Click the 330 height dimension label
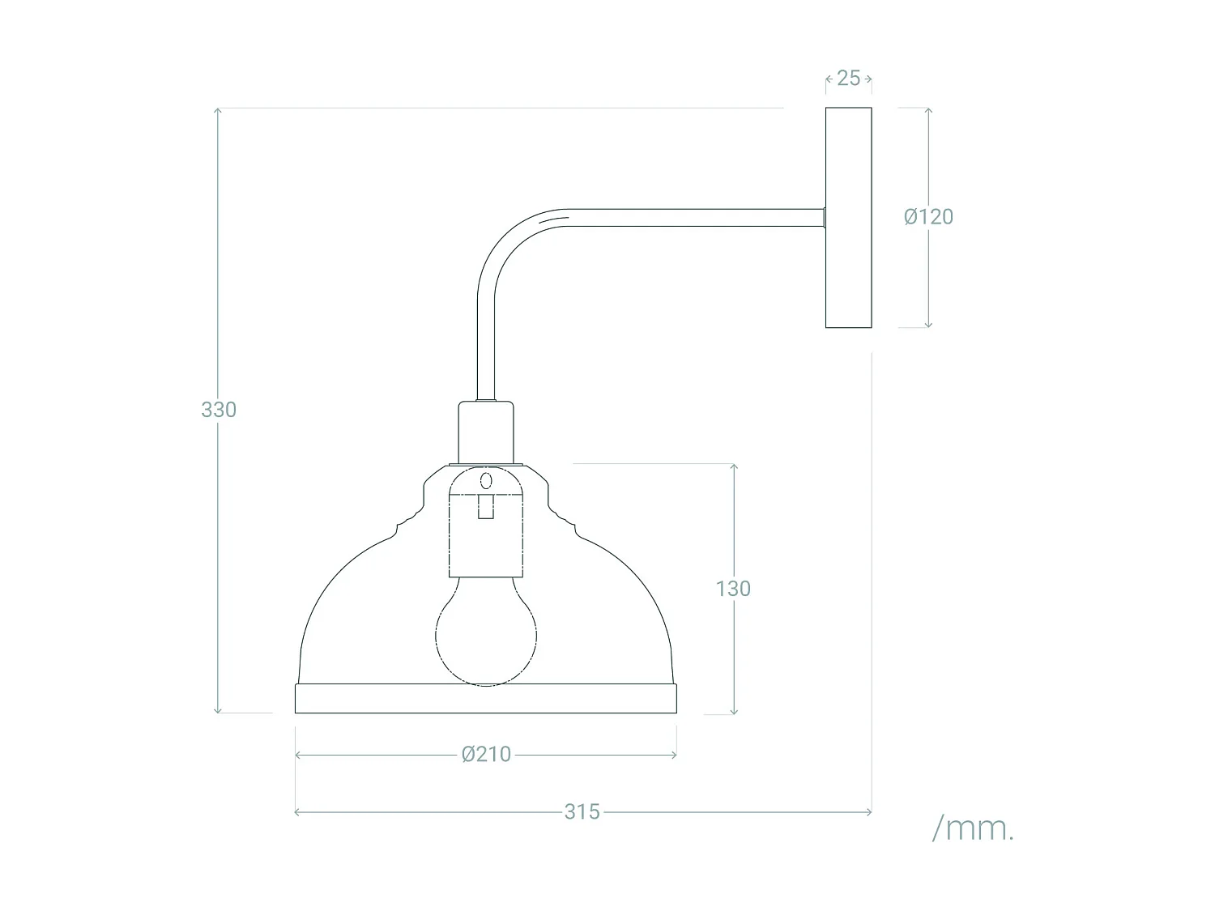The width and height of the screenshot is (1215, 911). [219, 410]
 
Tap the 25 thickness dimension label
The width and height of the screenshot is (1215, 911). [848, 79]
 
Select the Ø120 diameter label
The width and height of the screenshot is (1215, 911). [928, 217]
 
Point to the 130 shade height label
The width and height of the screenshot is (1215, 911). [733, 589]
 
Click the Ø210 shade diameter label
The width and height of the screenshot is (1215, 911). [486, 755]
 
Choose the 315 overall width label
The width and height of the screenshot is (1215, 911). [582, 811]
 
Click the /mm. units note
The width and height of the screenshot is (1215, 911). [973, 829]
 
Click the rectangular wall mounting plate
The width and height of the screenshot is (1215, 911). [848, 218]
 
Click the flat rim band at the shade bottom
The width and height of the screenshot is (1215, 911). [486, 699]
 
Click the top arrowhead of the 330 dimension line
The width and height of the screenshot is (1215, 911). [218, 111]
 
